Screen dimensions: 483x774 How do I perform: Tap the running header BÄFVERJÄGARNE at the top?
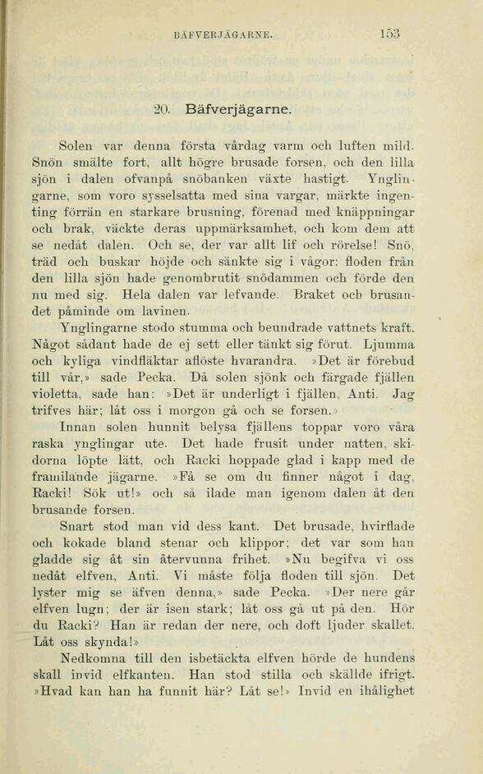point(223,35)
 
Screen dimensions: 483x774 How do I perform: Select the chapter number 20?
point(162,108)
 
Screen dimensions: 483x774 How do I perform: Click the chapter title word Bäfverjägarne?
point(238,108)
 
